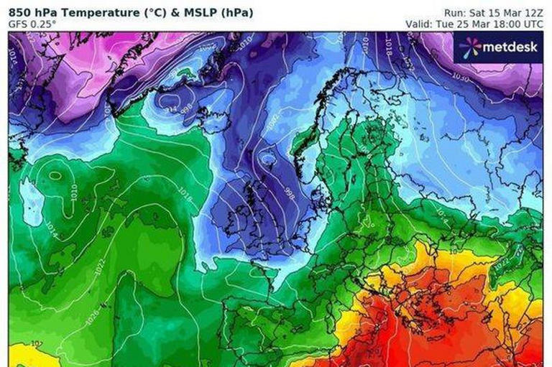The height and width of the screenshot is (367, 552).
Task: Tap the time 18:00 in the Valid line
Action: [509, 23]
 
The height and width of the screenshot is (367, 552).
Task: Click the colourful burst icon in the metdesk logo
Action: [471, 47]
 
